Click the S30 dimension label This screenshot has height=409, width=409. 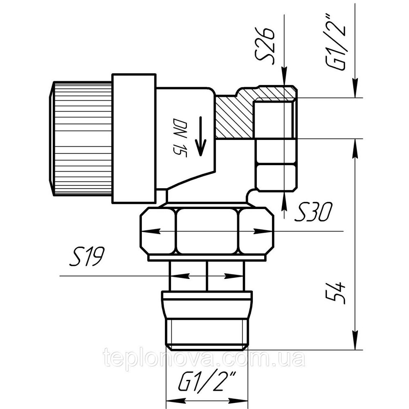pos(313,212)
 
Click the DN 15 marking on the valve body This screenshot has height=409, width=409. pos(180,138)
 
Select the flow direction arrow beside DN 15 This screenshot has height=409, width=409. pos(200,136)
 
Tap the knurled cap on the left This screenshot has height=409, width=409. pos(81,139)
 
